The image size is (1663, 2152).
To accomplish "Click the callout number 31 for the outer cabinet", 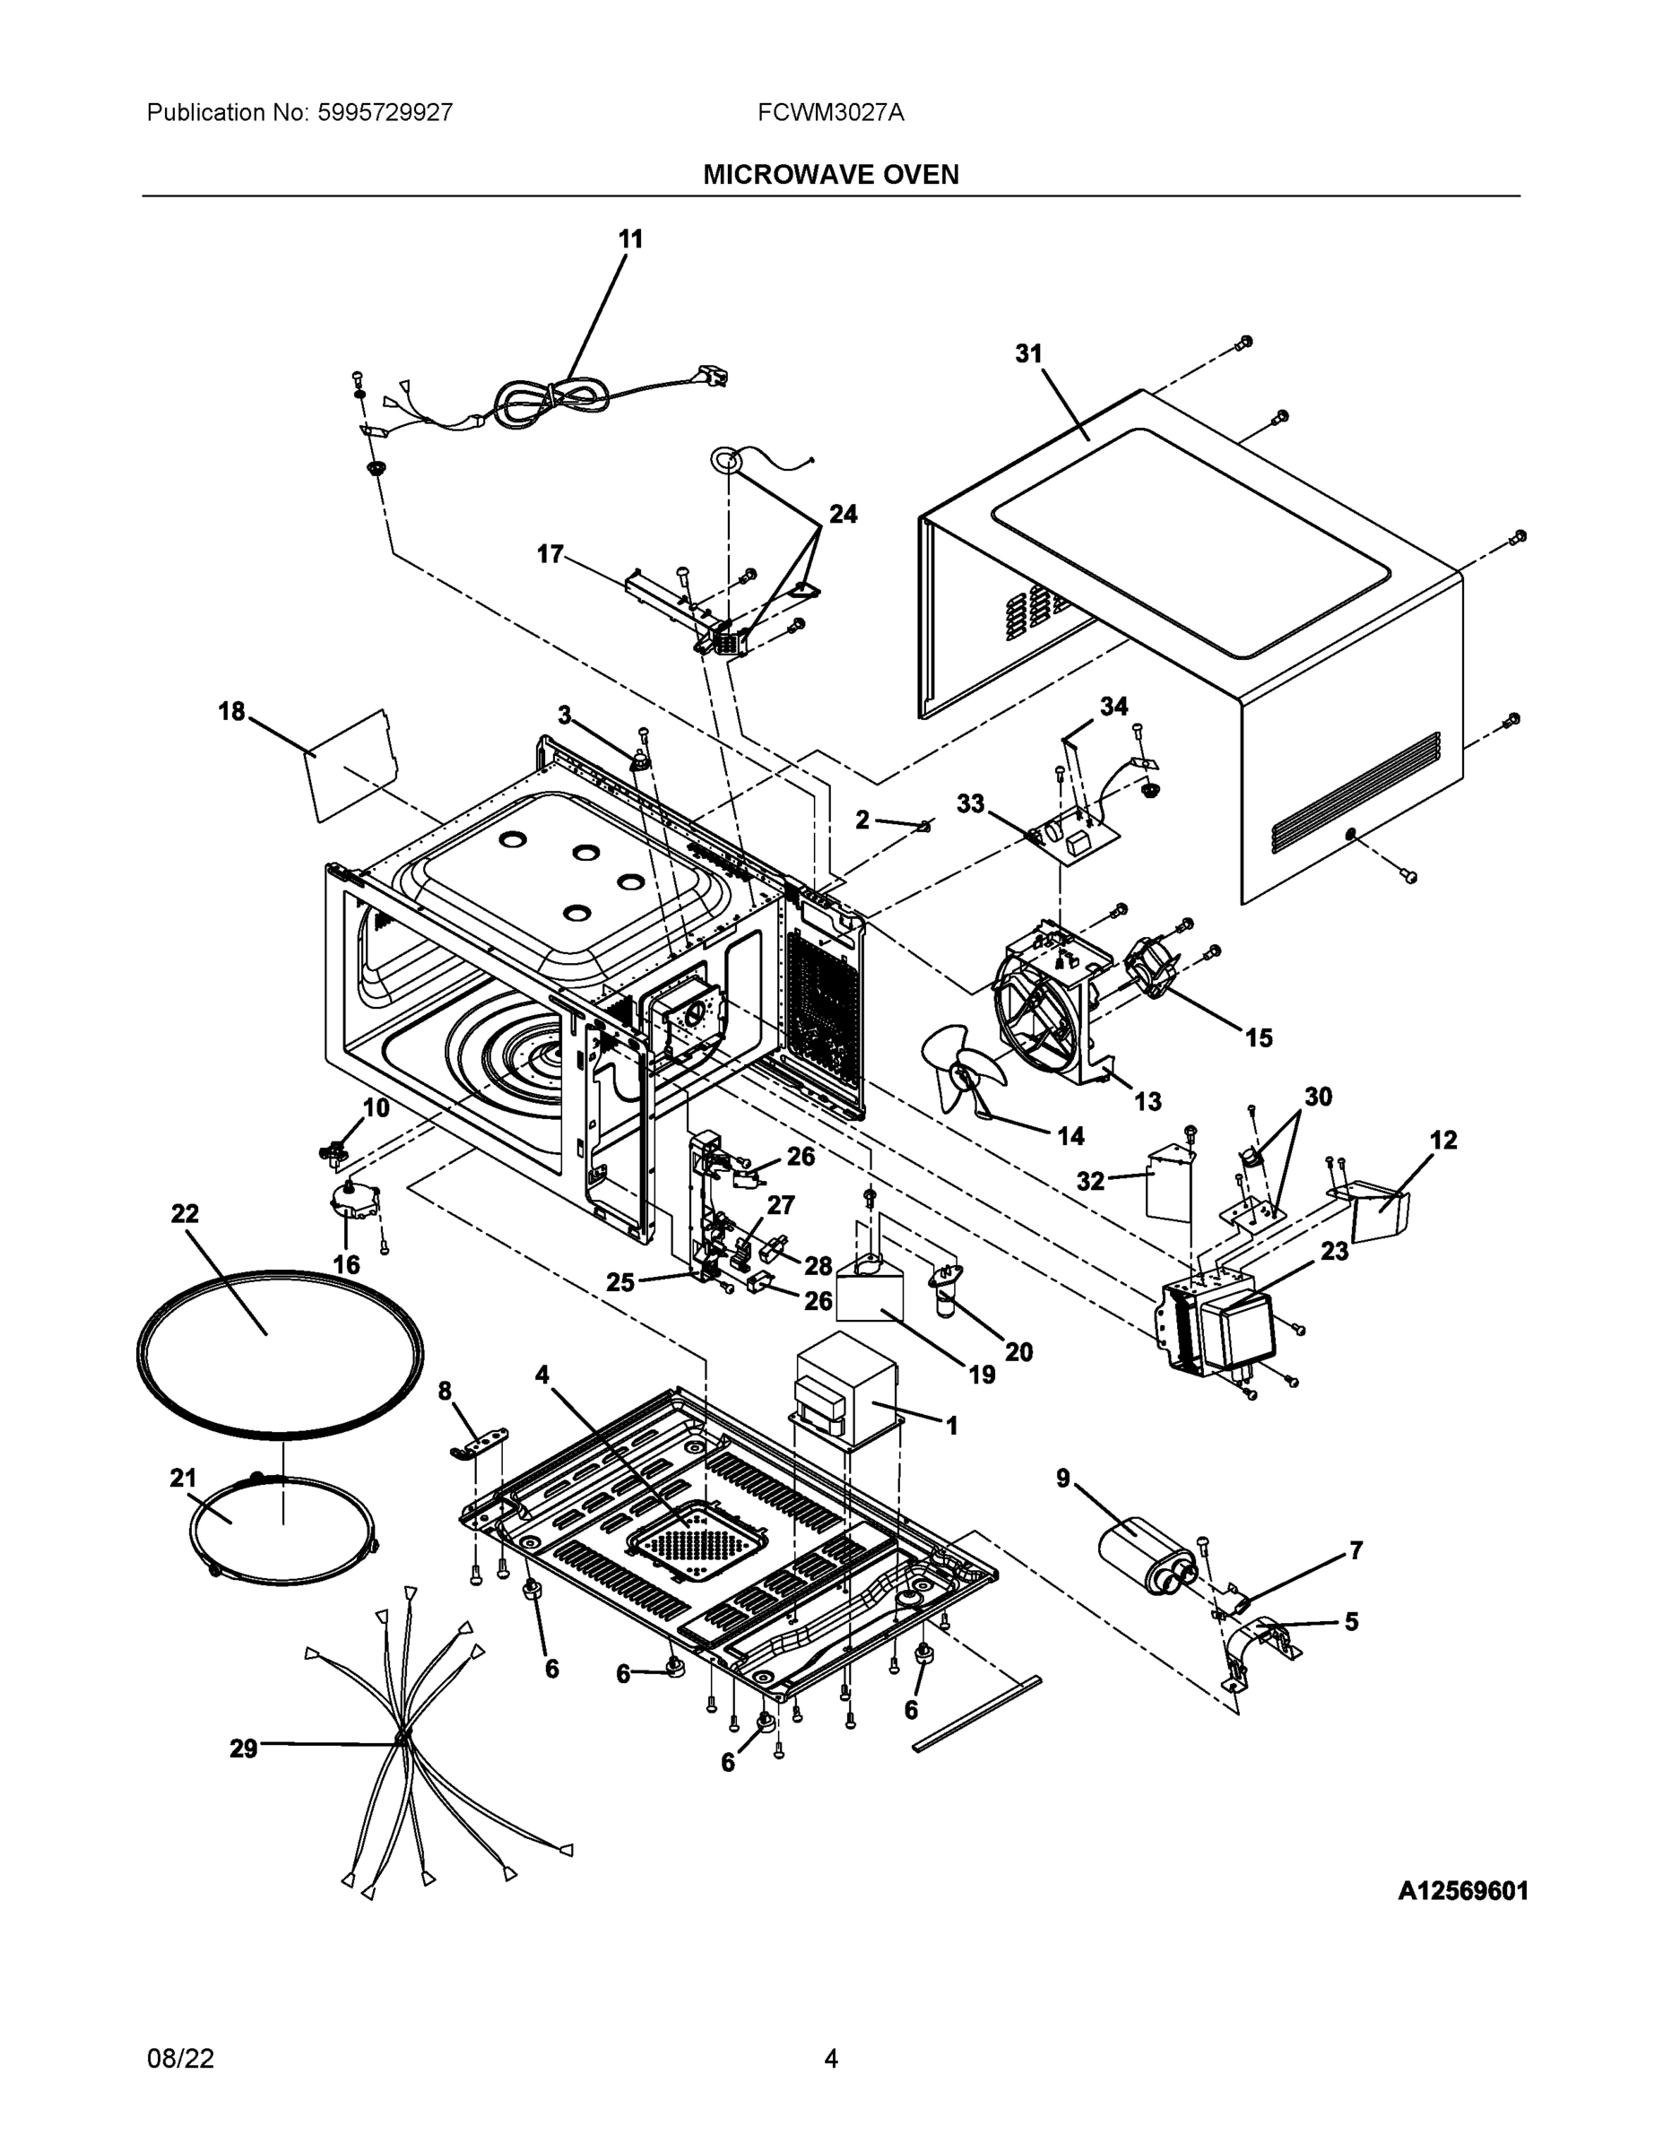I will coord(1028,354).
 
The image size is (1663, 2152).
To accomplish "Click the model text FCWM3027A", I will coord(830,112).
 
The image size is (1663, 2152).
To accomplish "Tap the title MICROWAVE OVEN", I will coord(830,175).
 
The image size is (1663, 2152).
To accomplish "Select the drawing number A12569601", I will coord(1462,1891).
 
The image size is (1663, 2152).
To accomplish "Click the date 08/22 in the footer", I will coord(180,2059).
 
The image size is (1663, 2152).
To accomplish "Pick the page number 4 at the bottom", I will coord(830,2059).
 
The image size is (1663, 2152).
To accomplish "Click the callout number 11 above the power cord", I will coord(630,239).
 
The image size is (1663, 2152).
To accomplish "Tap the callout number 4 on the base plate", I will coord(541,1375).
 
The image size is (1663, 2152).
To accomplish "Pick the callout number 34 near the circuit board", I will coord(1113,707).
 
